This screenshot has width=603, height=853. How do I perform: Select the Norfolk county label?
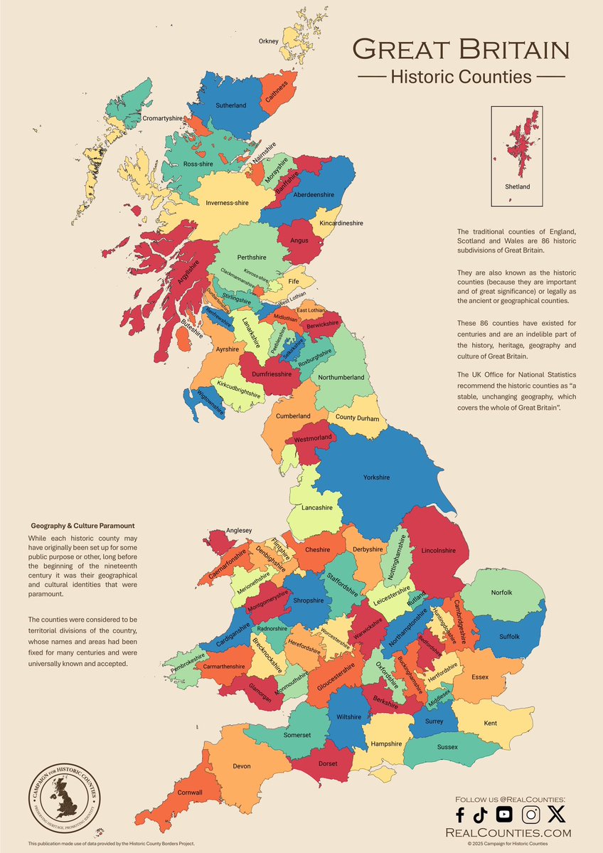501,593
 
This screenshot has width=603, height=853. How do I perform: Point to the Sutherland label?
230,106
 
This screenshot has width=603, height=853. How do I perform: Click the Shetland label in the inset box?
517,186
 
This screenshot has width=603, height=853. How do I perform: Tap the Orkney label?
268,41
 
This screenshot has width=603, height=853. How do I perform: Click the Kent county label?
490,723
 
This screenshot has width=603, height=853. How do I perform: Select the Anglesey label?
238,529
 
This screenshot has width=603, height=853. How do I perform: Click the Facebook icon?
460,815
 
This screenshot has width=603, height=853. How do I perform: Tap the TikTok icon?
480,815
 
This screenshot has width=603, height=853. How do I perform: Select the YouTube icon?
503,815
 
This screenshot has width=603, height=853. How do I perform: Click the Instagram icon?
530,815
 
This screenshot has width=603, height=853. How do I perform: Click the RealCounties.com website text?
507,832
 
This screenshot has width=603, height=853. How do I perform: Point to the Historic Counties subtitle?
461,77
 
